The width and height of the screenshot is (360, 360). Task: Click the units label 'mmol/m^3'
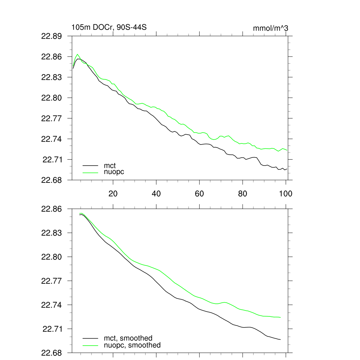271,28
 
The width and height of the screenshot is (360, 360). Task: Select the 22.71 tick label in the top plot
52,160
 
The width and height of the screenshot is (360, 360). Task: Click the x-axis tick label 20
113,194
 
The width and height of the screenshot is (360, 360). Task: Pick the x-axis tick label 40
156,194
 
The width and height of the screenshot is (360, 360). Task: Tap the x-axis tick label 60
199,194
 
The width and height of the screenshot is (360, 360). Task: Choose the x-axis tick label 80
243,194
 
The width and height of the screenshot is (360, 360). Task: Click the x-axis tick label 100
285,194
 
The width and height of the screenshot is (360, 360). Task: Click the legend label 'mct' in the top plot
110,165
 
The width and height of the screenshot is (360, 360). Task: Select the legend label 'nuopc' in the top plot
114,172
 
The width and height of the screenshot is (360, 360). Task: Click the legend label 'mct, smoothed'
128,338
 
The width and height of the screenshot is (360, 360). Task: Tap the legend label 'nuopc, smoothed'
132,345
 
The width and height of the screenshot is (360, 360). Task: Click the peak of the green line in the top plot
77,54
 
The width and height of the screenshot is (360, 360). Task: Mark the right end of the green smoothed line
281,317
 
